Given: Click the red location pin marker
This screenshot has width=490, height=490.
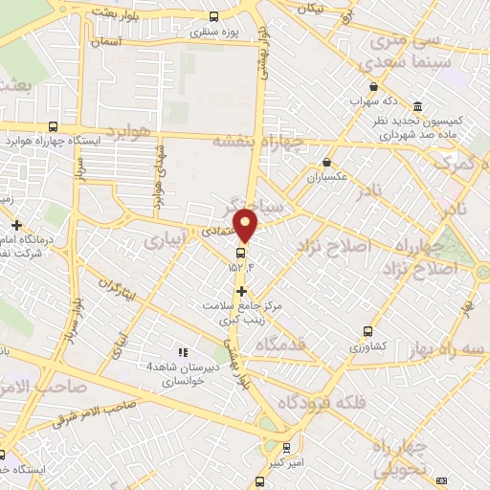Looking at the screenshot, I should click(246, 226).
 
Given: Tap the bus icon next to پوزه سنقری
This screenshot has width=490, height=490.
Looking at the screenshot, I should click(212, 16).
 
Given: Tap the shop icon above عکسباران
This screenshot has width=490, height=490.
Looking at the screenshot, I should click(327, 162).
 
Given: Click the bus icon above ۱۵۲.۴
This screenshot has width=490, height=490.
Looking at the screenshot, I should click(240, 253).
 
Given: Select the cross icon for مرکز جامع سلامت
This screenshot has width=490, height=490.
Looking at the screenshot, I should click(241, 290).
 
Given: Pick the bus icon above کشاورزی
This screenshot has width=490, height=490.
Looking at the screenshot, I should click(367, 332).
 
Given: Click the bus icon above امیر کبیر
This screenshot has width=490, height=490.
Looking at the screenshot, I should click(288, 447).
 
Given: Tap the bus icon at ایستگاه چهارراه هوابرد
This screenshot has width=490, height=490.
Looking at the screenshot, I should click(53, 125).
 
